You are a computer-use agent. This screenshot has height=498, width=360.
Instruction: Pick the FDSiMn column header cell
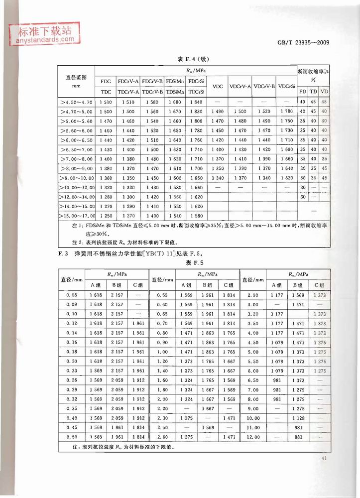(175, 81)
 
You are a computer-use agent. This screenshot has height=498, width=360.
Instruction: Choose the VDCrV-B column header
(264, 86)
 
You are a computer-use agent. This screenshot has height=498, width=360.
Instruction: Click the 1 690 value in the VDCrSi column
(286, 149)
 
